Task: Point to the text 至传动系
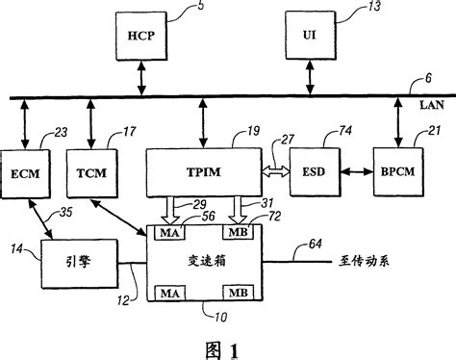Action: coord(368,261)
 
